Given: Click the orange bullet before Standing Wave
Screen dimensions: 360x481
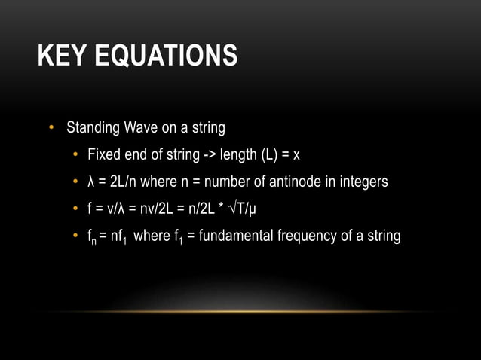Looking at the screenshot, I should tap(52, 128).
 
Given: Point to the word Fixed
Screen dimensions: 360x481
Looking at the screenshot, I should tap(103, 155).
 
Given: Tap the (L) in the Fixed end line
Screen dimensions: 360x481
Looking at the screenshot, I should tap(269, 155).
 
